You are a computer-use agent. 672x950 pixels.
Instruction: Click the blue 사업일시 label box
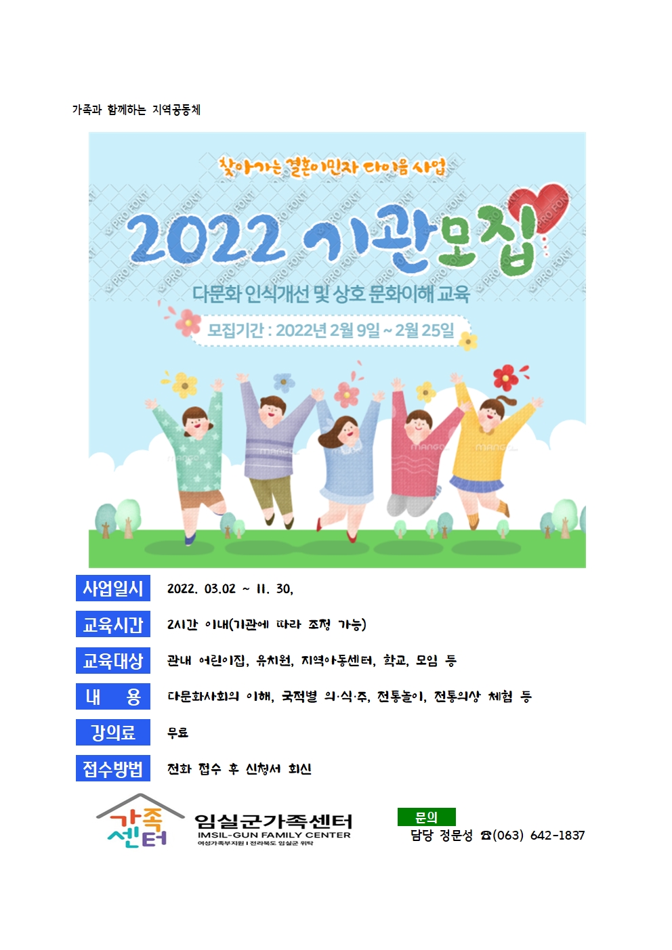pos(113,588)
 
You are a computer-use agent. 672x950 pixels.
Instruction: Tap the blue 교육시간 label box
pos(113,624)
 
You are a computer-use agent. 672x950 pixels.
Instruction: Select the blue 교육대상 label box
pos(113,660)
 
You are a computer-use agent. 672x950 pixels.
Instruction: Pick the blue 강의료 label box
pos(113,732)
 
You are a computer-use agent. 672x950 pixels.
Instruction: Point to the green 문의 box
pos(426,817)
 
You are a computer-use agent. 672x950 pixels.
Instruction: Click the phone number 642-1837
pos(557,835)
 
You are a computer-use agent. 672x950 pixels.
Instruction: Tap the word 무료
pos(177,733)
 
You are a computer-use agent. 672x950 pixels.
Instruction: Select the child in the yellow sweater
pos(488,454)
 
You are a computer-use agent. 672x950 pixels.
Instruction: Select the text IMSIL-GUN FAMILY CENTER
pos(274,835)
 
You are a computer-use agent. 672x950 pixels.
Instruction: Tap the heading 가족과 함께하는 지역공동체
pos(136,110)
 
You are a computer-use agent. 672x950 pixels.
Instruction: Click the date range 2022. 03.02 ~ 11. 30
pos(230,588)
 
